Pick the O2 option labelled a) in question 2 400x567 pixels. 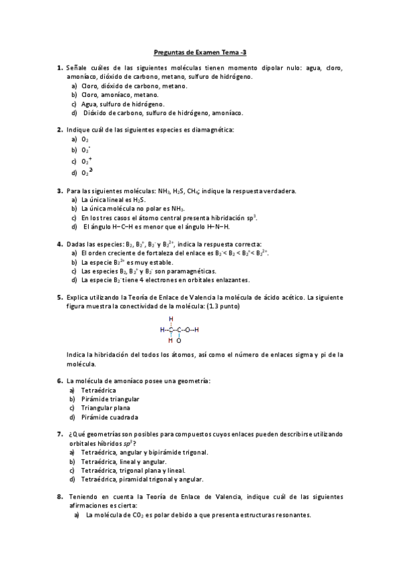pos(85,139)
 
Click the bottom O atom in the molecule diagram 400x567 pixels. pos(179,340)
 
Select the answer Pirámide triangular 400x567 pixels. pos(110,399)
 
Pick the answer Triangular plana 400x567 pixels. pos(106,408)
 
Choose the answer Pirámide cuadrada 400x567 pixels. pos(109,417)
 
